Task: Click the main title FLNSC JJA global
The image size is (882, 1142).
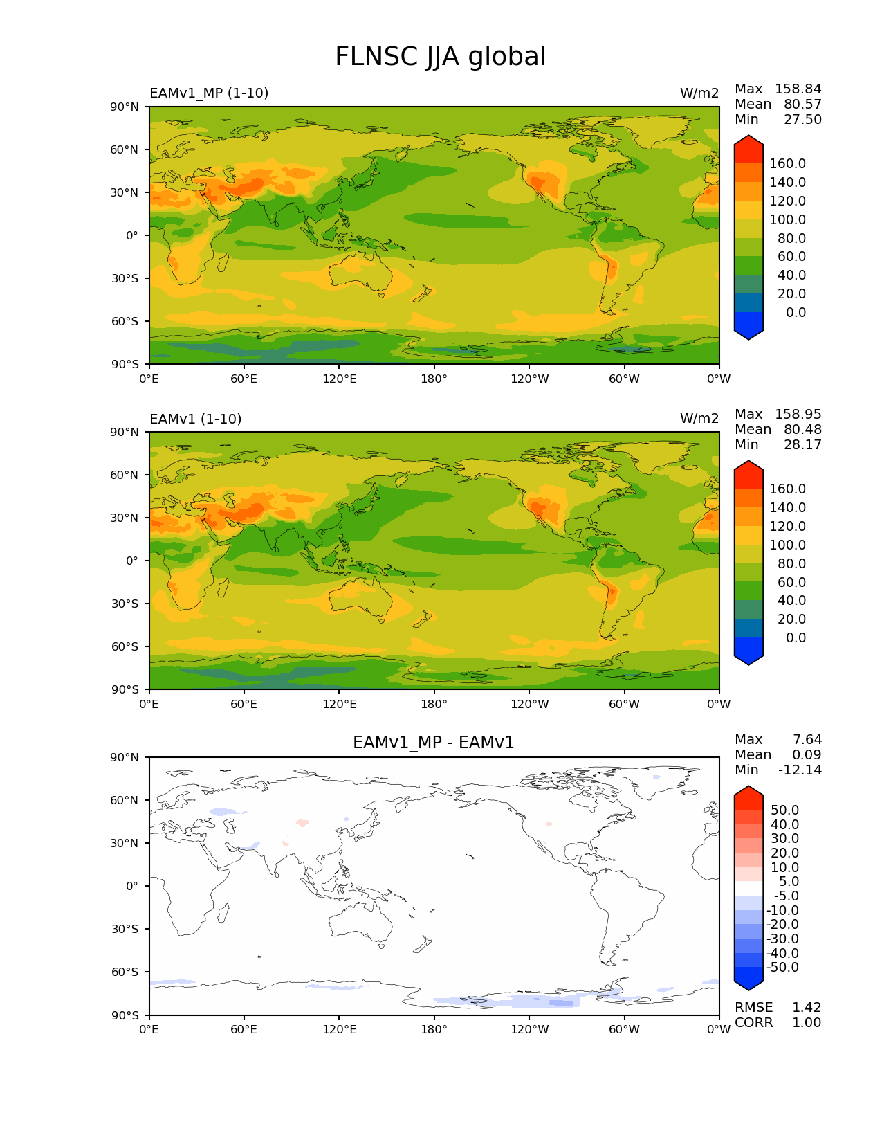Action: click(440, 57)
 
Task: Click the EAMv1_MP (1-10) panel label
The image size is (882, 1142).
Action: click(209, 93)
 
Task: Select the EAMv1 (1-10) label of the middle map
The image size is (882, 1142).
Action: click(196, 419)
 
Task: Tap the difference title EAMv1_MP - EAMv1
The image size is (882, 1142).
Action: click(434, 743)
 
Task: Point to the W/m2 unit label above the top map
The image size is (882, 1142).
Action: click(699, 93)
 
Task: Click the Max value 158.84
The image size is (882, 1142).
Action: click(798, 89)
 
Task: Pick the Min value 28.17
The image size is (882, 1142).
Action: click(802, 444)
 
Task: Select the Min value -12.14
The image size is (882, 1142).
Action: click(800, 770)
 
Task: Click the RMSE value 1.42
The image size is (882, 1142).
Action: click(807, 1007)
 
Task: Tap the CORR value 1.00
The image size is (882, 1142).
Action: click(807, 1022)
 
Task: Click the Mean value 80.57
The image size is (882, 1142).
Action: click(802, 104)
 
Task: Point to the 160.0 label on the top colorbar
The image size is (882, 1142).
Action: click(787, 163)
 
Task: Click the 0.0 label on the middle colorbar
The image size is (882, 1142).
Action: click(796, 637)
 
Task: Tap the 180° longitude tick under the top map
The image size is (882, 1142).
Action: click(434, 379)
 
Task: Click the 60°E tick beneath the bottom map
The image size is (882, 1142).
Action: click(244, 1029)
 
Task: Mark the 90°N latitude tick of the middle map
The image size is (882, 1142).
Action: click(125, 432)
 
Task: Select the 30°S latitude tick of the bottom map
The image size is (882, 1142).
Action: click(125, 929)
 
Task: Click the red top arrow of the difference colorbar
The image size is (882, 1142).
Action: click(748, 797)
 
